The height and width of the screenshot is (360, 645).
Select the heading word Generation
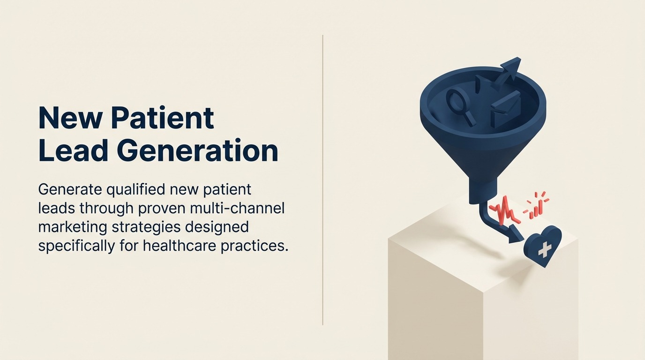click(x=197, y=151)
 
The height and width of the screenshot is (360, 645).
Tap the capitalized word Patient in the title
click(x=162, y=119)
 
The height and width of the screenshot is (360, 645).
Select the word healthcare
click(x=186, y=246)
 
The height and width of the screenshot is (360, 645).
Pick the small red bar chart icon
click(x=537, y=206)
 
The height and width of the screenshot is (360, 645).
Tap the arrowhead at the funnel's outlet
click(x=516, y=233)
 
